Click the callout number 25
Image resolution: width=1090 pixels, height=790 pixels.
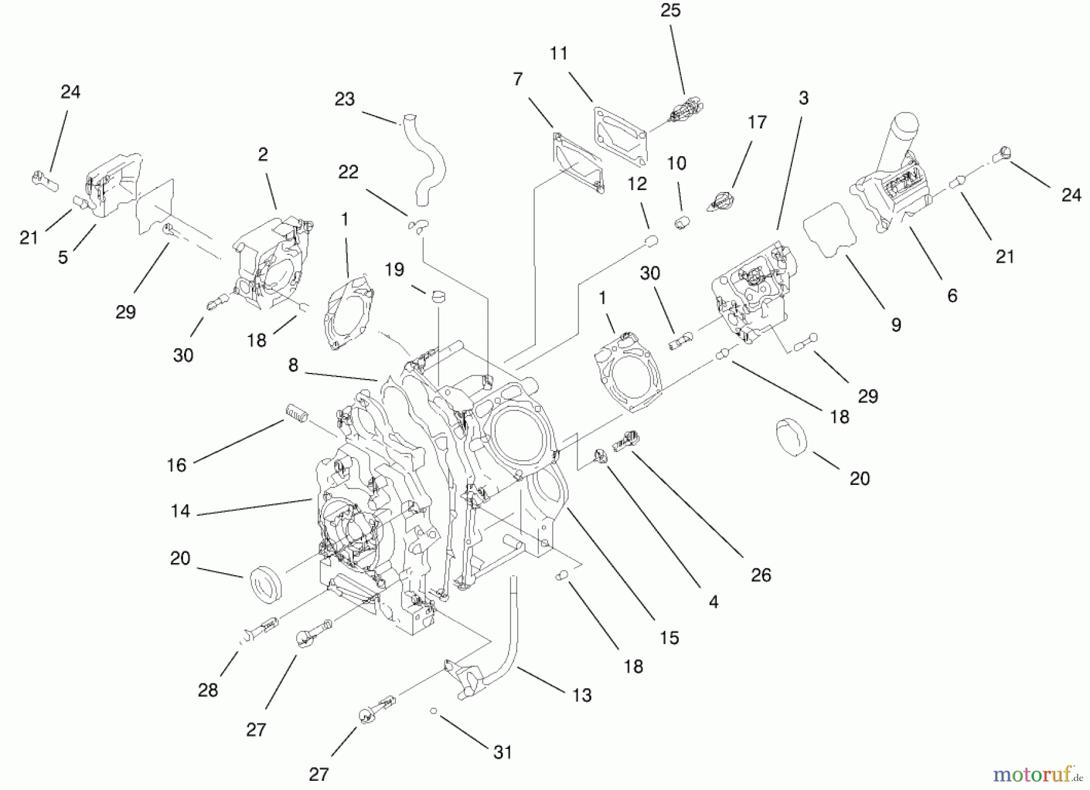670,11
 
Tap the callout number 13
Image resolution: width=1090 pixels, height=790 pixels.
581,695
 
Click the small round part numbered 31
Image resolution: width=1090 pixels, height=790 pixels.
434,711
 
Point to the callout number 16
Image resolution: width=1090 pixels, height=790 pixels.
176,465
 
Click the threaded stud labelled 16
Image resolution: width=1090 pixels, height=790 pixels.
297,414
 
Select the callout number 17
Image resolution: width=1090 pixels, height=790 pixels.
757,123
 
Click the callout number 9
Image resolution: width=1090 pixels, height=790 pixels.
896,325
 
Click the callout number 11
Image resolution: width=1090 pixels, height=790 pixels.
558,53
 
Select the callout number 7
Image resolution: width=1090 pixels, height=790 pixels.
517,79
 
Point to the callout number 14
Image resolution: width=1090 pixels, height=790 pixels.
180,512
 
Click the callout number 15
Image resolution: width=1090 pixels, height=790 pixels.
669,637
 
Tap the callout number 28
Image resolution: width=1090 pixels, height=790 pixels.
208,690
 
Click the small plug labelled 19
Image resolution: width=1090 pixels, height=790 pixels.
437,297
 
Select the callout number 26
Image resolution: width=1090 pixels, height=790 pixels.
761,574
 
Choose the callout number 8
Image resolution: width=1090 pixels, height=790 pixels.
293,366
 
